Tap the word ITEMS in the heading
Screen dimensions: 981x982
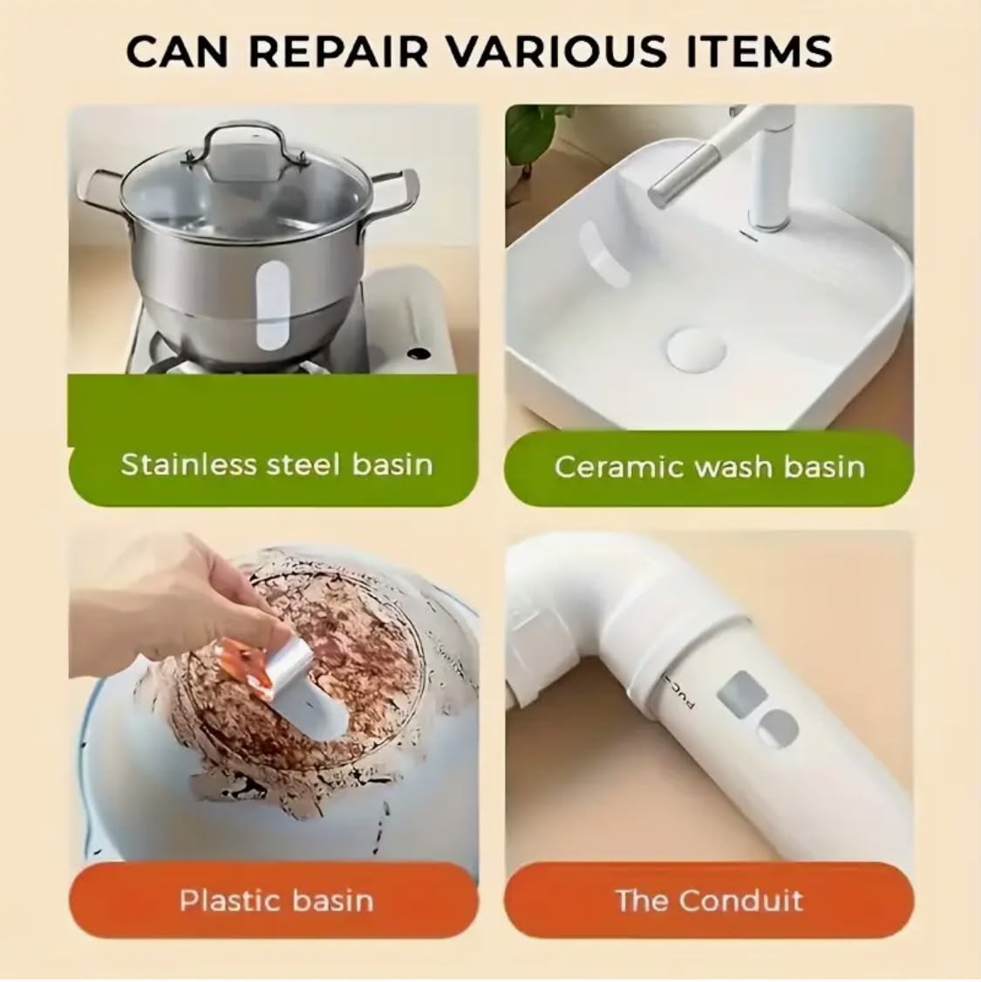click(760, 51)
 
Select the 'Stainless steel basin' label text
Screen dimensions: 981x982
click(276, 464)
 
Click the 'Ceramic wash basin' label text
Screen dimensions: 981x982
click(710, 467)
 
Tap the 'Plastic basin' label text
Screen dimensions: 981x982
click(276, 901)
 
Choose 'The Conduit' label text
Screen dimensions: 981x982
click(710, 901)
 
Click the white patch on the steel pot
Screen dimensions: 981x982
click(273, 306)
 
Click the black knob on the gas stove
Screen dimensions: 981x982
click(419, 354)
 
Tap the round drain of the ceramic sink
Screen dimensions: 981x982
click(697, 349)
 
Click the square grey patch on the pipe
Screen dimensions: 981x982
click(743, 694)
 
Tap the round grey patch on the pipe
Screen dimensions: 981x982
click(778, 729)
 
